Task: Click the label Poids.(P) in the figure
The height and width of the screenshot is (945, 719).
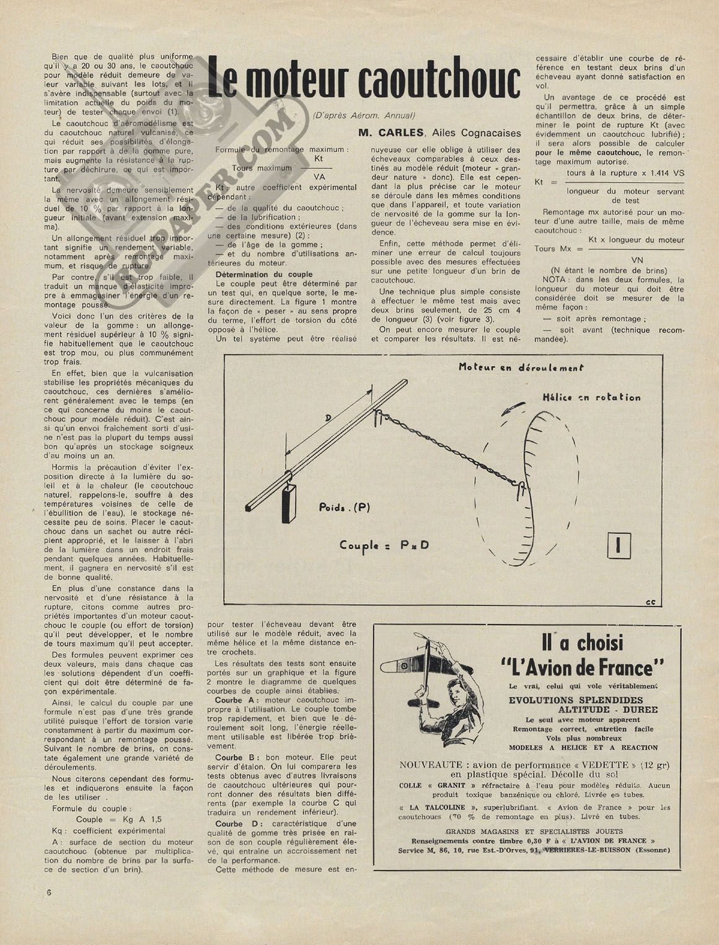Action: [344, 507]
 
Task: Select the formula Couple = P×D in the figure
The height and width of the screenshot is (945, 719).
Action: [384, 545]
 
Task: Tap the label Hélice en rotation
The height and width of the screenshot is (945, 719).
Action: [591, 397]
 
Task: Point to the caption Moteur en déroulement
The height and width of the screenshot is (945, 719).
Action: [512, 367]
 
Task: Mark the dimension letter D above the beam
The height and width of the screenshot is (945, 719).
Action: [328, 418]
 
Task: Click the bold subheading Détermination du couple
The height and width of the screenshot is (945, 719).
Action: [263, 274]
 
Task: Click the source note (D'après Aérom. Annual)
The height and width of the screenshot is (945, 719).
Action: [364, 115]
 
